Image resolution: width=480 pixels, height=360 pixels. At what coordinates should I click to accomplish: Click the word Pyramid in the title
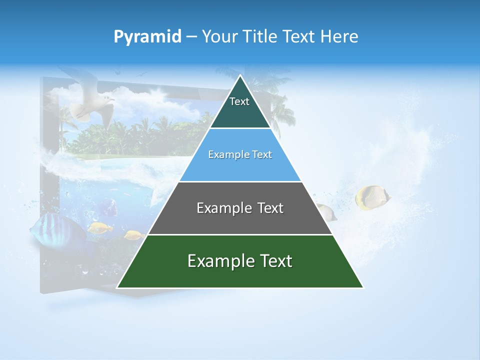point(147,36)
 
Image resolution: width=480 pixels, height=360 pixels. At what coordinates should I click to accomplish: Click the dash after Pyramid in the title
point(191,37)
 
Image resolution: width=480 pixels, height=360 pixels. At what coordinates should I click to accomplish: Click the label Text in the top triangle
point(239,101)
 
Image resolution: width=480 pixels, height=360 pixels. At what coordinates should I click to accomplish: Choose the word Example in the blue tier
point(226,154)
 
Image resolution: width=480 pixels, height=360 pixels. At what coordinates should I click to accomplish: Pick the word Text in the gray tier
point(267,208)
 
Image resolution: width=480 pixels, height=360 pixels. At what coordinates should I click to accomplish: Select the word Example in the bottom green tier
point(215,261)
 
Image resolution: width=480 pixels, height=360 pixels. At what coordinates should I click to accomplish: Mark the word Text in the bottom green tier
point(274,261)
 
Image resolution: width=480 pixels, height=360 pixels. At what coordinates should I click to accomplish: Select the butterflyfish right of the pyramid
point(372,197)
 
